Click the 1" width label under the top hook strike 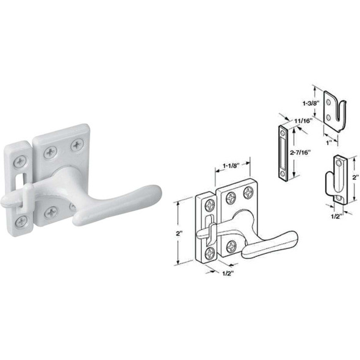click(328, 143)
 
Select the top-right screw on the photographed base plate click(77, 145)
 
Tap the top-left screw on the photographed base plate click(49, 152)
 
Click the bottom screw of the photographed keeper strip click(21, 221)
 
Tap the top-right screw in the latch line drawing click(248, 192)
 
